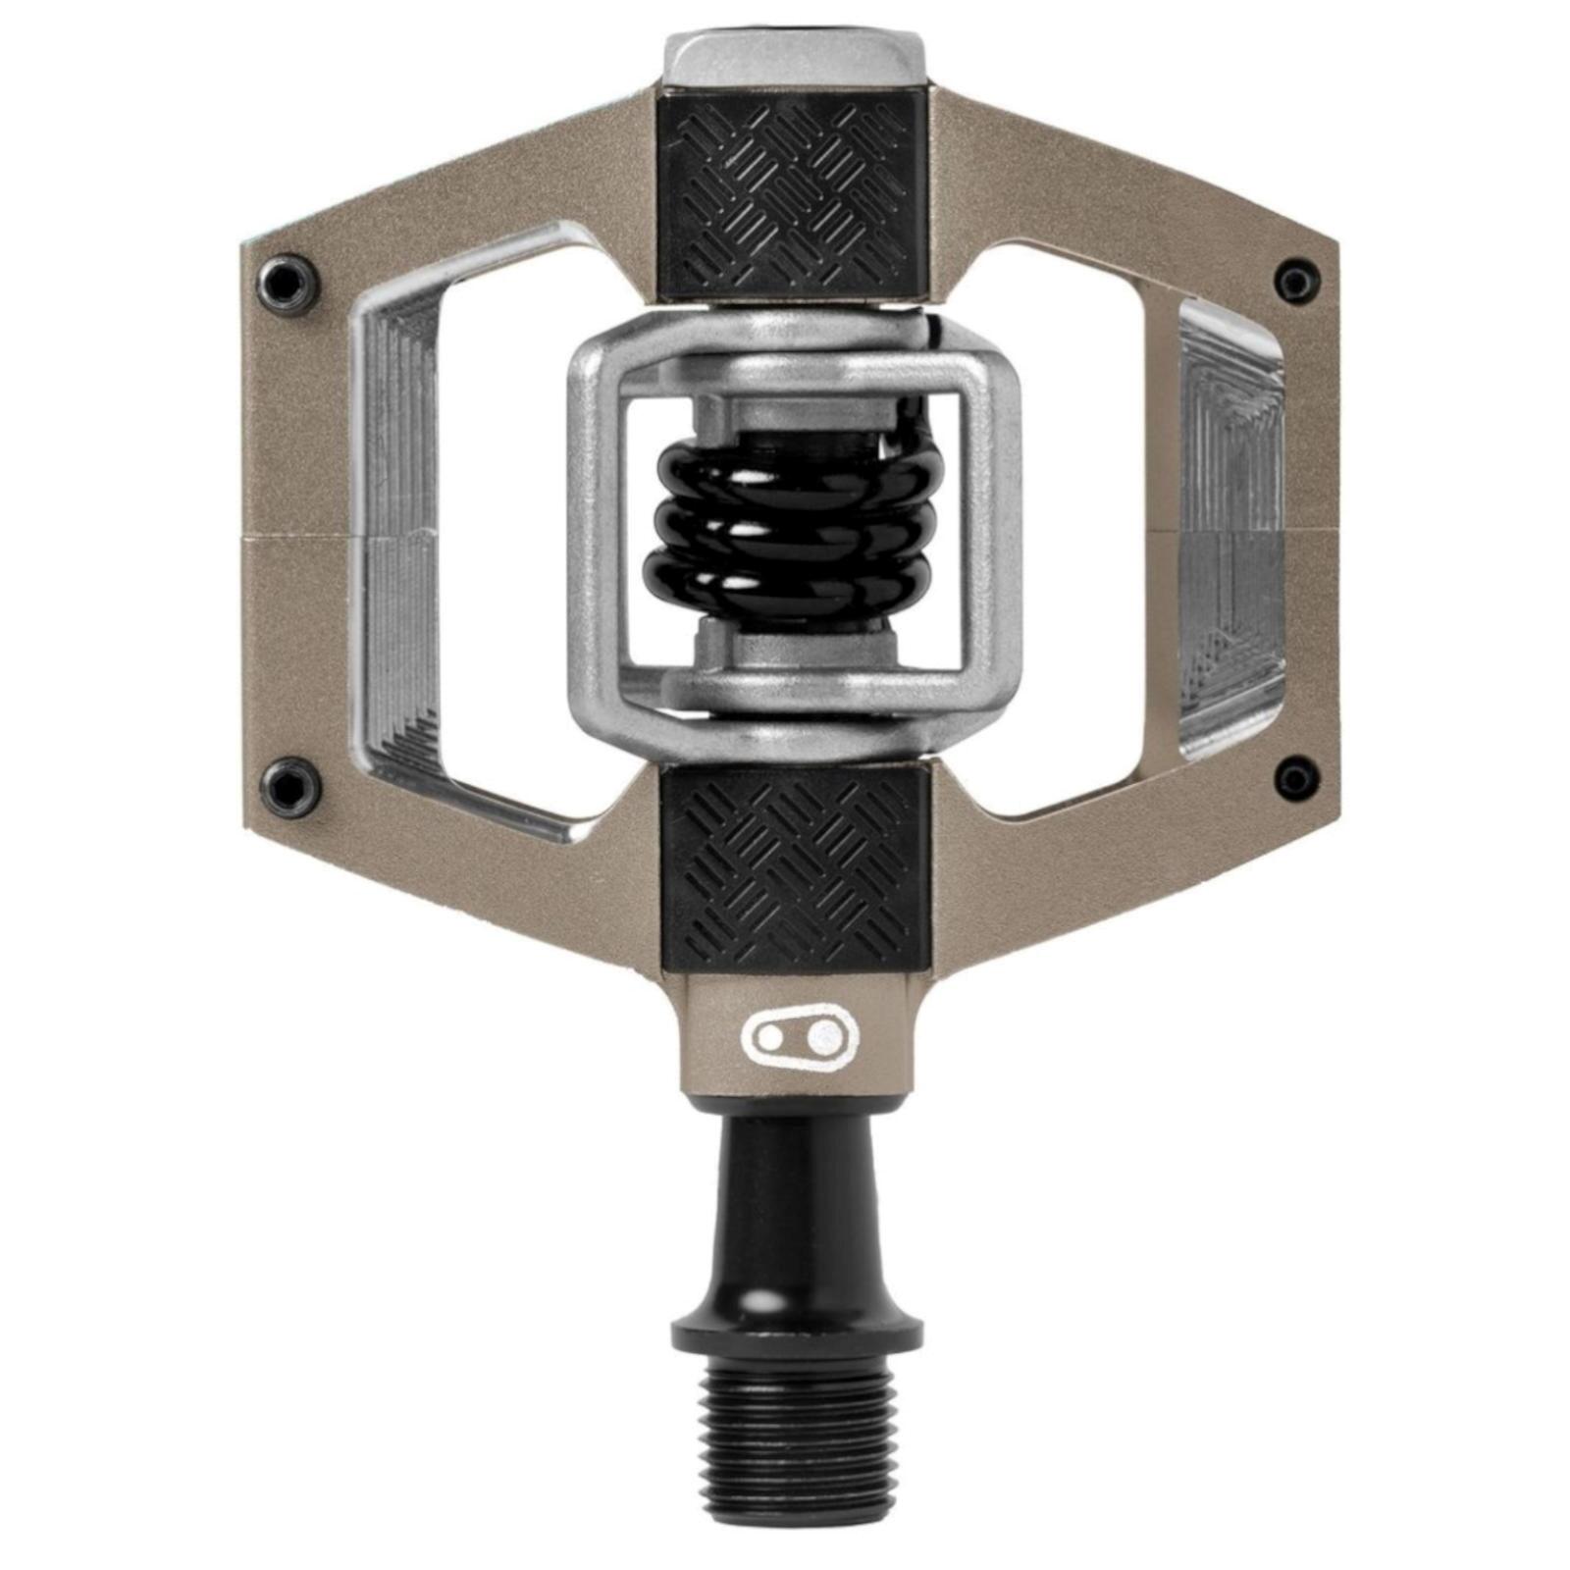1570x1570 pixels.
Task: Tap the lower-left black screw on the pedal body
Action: click(288, 785)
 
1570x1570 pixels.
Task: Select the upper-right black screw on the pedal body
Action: click(1296, 282)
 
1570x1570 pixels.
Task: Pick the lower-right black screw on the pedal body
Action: click(1296, 780)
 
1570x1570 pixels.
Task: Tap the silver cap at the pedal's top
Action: click(795, 59)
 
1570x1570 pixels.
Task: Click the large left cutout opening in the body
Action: click(500, 530)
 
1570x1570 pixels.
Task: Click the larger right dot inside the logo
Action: click(827, 1032)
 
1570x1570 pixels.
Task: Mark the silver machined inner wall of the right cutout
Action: click(1231, 530)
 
